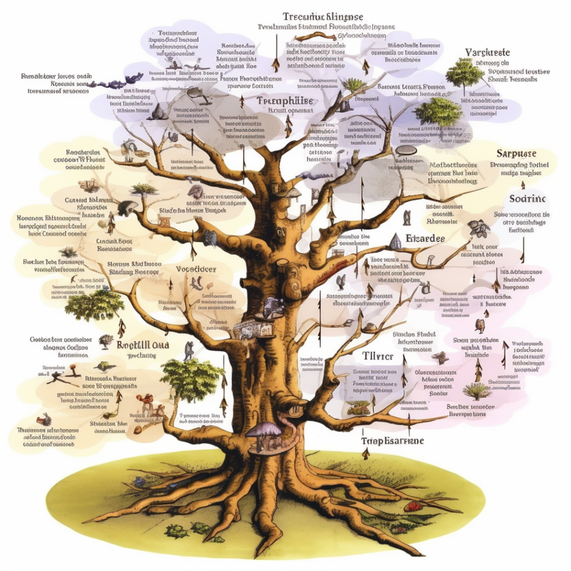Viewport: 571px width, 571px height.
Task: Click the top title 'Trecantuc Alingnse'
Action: tap(323, 16)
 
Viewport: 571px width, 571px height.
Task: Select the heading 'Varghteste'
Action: tap(487, 53)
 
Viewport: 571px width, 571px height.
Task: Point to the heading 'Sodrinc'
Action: tap(528, 199)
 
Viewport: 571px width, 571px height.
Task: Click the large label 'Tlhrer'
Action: tap(378, 357)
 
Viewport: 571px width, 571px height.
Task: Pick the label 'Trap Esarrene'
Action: tap(392, 440)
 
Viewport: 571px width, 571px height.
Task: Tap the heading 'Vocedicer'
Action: tap(196, 269)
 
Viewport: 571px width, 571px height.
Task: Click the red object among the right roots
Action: tap(413, 505)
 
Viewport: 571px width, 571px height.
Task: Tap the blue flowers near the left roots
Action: tap(139, 482)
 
